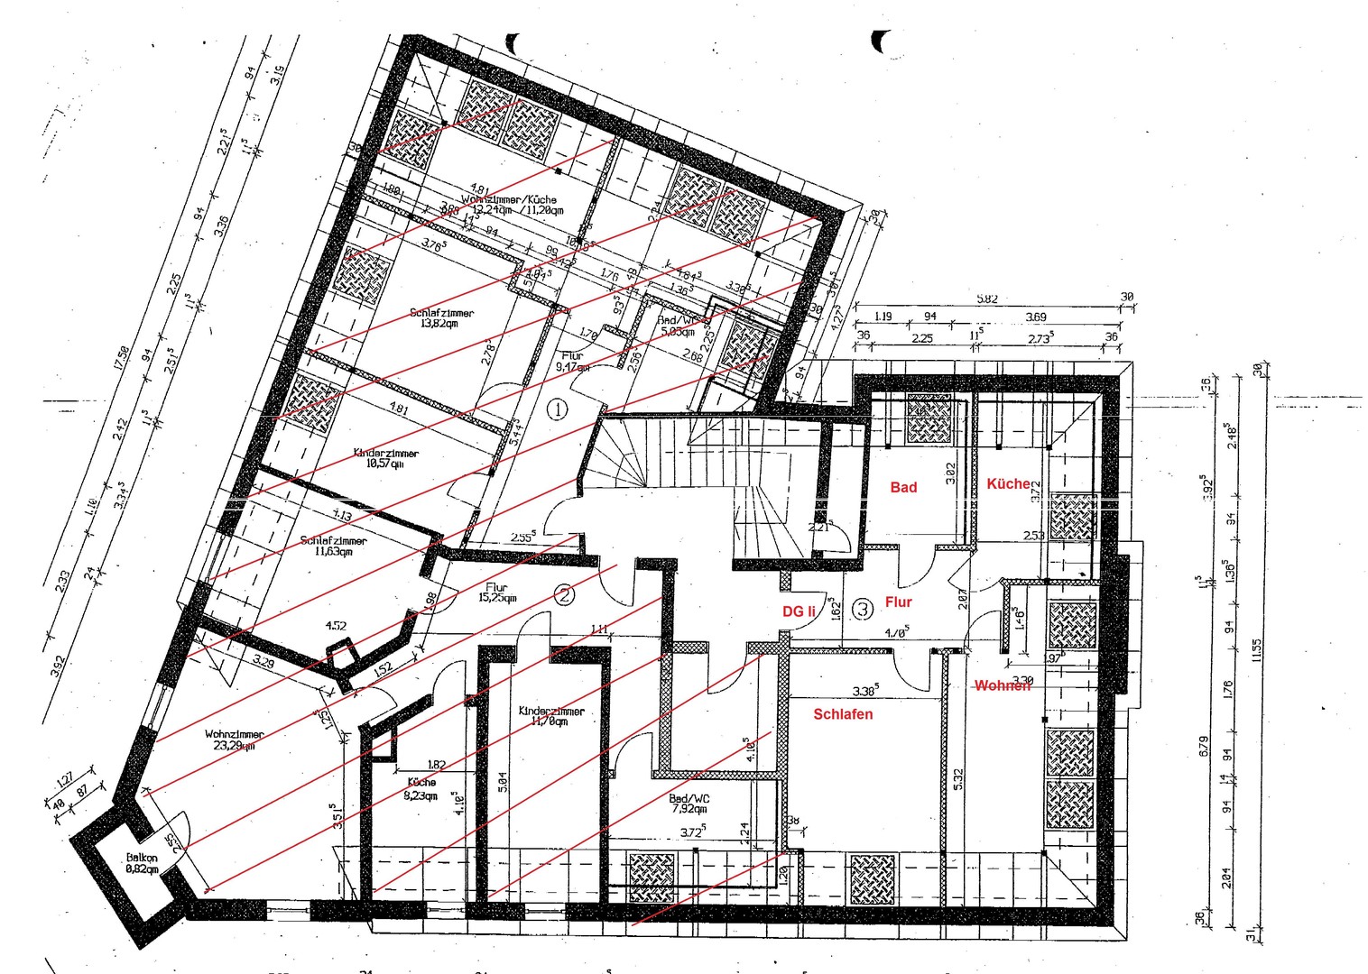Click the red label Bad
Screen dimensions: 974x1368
click(x=903, y=487)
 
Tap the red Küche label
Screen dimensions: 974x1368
click(x=1008, y=483)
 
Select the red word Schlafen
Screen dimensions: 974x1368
click(x=843, y=714)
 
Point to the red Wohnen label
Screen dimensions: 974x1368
click(x=1002, y=685)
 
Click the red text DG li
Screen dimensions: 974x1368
click(x=799, y=611)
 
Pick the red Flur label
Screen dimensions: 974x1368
click(x=898, y=602)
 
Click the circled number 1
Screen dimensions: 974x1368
click(x=558, y=409)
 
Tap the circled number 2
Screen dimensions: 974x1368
click(x=564, y=594)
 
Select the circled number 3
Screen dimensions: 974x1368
click(x=863, y=609)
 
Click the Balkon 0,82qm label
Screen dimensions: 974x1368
click(x=142, y=863)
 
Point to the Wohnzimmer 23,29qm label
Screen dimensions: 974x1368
click(x=234, y=740)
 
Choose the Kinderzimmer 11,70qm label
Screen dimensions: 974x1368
click(x=551, y=716)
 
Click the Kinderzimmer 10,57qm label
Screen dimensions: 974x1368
click(x=385, y=458)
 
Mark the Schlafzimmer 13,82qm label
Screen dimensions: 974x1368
click(x=441, y=317)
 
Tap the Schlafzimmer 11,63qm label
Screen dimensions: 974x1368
click(x=333, y=546)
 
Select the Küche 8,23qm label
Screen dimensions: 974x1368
click(x=421, y=789)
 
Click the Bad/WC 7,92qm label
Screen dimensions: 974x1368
click(x=689, y=804)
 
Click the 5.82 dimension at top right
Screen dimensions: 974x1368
click(x=987, y=298)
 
